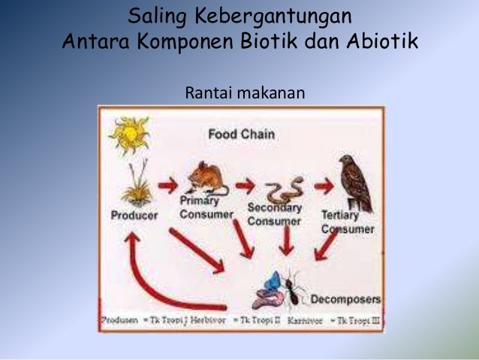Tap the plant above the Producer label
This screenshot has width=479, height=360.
[x=136, y=186]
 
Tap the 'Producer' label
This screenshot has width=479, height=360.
[x=134, y=215]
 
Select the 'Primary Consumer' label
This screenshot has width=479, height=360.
[x=206, y=207]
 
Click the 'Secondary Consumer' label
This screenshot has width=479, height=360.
[x=274, y=214]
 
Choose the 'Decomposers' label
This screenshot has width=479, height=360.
[x=345, y=299]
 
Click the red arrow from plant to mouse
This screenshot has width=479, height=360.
[x=167, y=186]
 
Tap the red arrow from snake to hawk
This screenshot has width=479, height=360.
[x=324, y=185]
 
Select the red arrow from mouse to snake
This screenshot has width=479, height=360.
[x=245, y=185]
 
